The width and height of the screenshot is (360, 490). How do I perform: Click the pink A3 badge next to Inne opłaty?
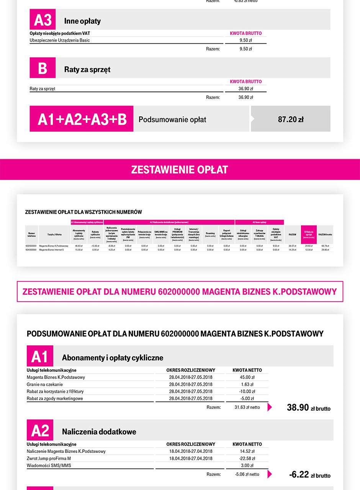click(43, 20)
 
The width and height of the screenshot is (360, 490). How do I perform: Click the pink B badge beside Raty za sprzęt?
click(43, 68)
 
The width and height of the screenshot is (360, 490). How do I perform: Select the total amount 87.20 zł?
click(291, 119)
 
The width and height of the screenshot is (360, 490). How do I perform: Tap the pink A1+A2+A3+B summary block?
click(82, 119)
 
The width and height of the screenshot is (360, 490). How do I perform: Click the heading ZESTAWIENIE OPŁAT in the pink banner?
click(180, 170)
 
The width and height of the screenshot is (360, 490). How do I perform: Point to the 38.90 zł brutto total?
click(308, 408)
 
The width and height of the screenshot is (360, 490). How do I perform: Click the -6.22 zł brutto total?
click(309, 475)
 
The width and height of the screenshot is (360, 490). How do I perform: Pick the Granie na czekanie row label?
click(45, 384)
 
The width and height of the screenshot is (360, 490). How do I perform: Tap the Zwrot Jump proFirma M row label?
click(49, 458)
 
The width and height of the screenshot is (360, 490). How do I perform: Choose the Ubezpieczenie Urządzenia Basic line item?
click(60, 40)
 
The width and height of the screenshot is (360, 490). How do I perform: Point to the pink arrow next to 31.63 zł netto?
click(270, 407)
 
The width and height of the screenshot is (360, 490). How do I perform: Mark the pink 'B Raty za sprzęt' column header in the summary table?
click(309, 234)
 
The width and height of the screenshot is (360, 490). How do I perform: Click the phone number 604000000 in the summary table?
click(31, 249)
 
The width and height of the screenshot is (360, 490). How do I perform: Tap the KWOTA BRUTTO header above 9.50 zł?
click(245, 33)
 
